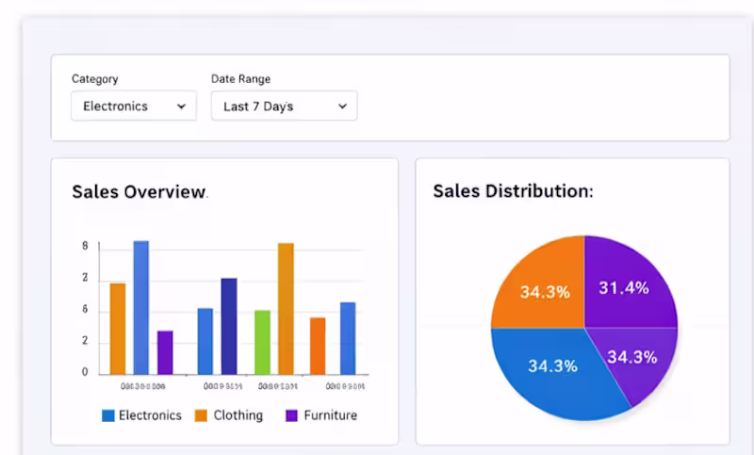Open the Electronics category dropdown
coord(133,106)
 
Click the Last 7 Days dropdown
coord(284,106)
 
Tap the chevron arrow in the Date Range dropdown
coord(342,106)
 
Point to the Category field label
coord(95,79)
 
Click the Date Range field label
coord(240,79)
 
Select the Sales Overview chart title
coord(139,192)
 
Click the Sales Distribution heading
coord(513,191)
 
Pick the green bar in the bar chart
coord(262,342)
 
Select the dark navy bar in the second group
coord(229,325)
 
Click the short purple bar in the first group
coord(165,351)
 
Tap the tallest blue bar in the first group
coord(140,307)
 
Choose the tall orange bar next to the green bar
coord(286,308)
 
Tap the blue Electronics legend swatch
coord(108,415)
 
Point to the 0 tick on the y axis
coord(85,372)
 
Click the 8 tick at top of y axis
coord(85,247)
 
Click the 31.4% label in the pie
coord(624,288)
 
